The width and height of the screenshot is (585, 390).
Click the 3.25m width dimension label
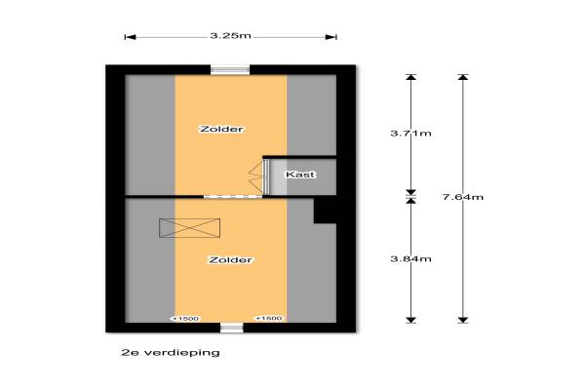click(230, 36)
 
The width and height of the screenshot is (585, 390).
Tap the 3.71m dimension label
click(410, 134)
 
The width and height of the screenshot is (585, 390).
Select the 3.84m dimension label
click(410, 259)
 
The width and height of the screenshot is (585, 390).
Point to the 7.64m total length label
click(463, 197)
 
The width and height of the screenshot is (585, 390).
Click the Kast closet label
click(300, 175)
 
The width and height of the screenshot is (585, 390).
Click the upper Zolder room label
click(222, 129)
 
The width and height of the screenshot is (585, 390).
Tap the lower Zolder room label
click(230, 260)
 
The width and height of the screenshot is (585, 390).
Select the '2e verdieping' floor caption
click(171, 353)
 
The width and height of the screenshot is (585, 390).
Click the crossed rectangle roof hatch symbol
click(189, 228)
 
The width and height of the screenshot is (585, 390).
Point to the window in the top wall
click(230, 70)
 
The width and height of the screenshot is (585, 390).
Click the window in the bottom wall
click(232, 328)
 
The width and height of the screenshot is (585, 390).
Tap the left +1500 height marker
click(185, 319)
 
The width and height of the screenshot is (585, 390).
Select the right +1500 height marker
click(269, 319)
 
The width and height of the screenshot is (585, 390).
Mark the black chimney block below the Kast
click(325, 211)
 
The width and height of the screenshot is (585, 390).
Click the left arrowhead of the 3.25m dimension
click(130, 37)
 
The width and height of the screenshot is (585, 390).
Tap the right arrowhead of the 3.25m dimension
click(331, 37)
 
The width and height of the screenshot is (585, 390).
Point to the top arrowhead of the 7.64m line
click(463, 77)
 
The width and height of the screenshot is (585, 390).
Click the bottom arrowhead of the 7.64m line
click(463, 320)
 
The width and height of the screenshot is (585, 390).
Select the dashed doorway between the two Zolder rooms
click(233, 196)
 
